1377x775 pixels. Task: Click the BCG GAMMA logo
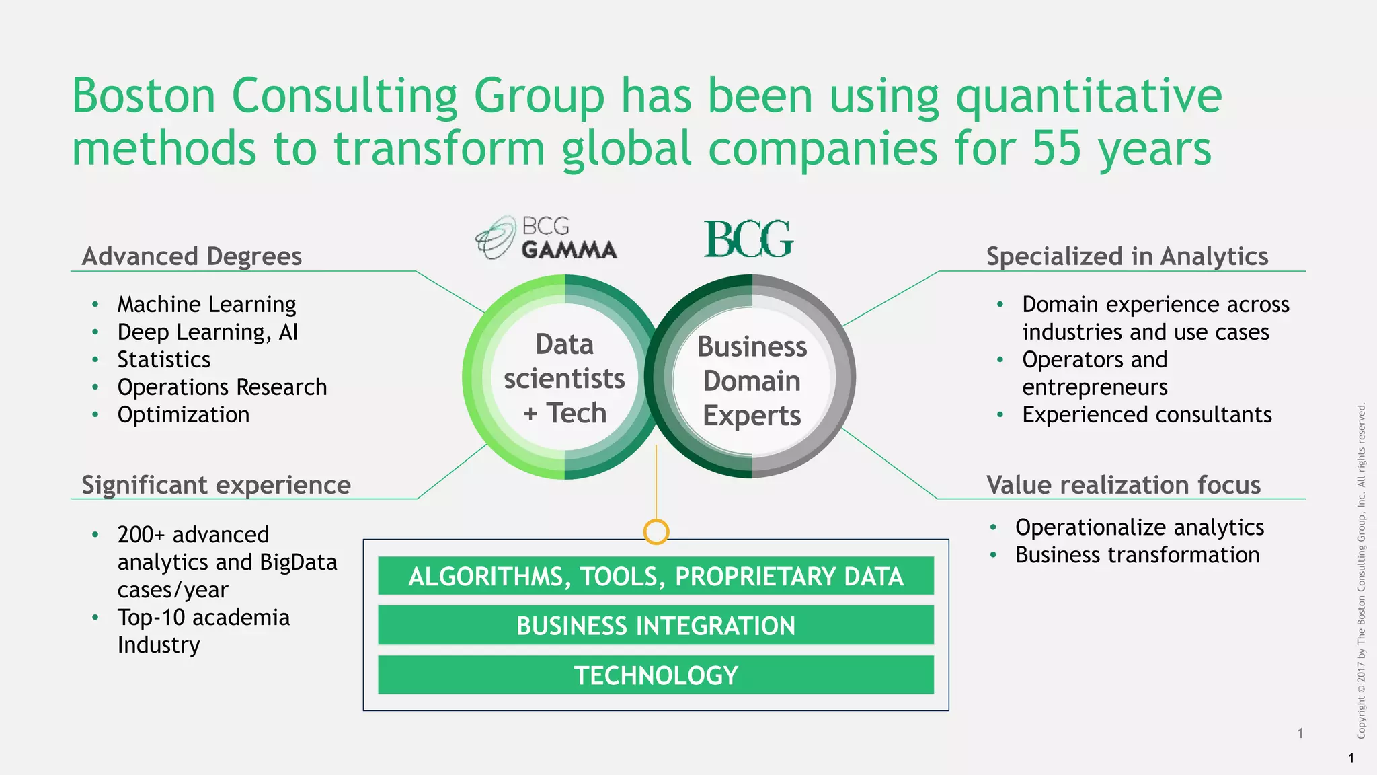pyautogui.click(x=546, y=238)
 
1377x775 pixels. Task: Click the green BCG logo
pyautogui.click(x=748, y=239)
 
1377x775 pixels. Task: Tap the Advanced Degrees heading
pyautogui.click(x=192, y=256)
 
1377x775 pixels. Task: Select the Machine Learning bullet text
pyautogui.click(x=206, y=305)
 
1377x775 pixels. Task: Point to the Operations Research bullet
pyautogui.click(x=222, y=387)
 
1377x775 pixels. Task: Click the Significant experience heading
pyautogui.click(x=216, y=485)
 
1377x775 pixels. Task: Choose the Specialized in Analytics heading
pyautogui.click(x=1127, y=256)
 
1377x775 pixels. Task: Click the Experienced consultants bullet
pyautogui.click(x=1146, y=415)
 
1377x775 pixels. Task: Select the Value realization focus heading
pyautogui.click(x=1123, y=485)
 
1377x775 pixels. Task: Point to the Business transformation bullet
pyautogui.click(x=1137, y=556)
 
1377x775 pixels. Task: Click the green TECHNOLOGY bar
pyautogui.click(x=656, y=675)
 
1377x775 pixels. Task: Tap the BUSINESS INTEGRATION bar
pyautogui.click(x=656, y=626)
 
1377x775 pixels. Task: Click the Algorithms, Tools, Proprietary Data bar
pyautogui.click(x=656, y=577)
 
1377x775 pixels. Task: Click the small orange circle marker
pyautogui.click(x=656, y=531)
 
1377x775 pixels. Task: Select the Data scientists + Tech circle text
pyautogui.click(x=565, y=379)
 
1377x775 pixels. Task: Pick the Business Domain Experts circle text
pyautogui.click(x=752, y=381)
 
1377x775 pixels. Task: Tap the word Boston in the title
pyautogui.click(x=143, y=96)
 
